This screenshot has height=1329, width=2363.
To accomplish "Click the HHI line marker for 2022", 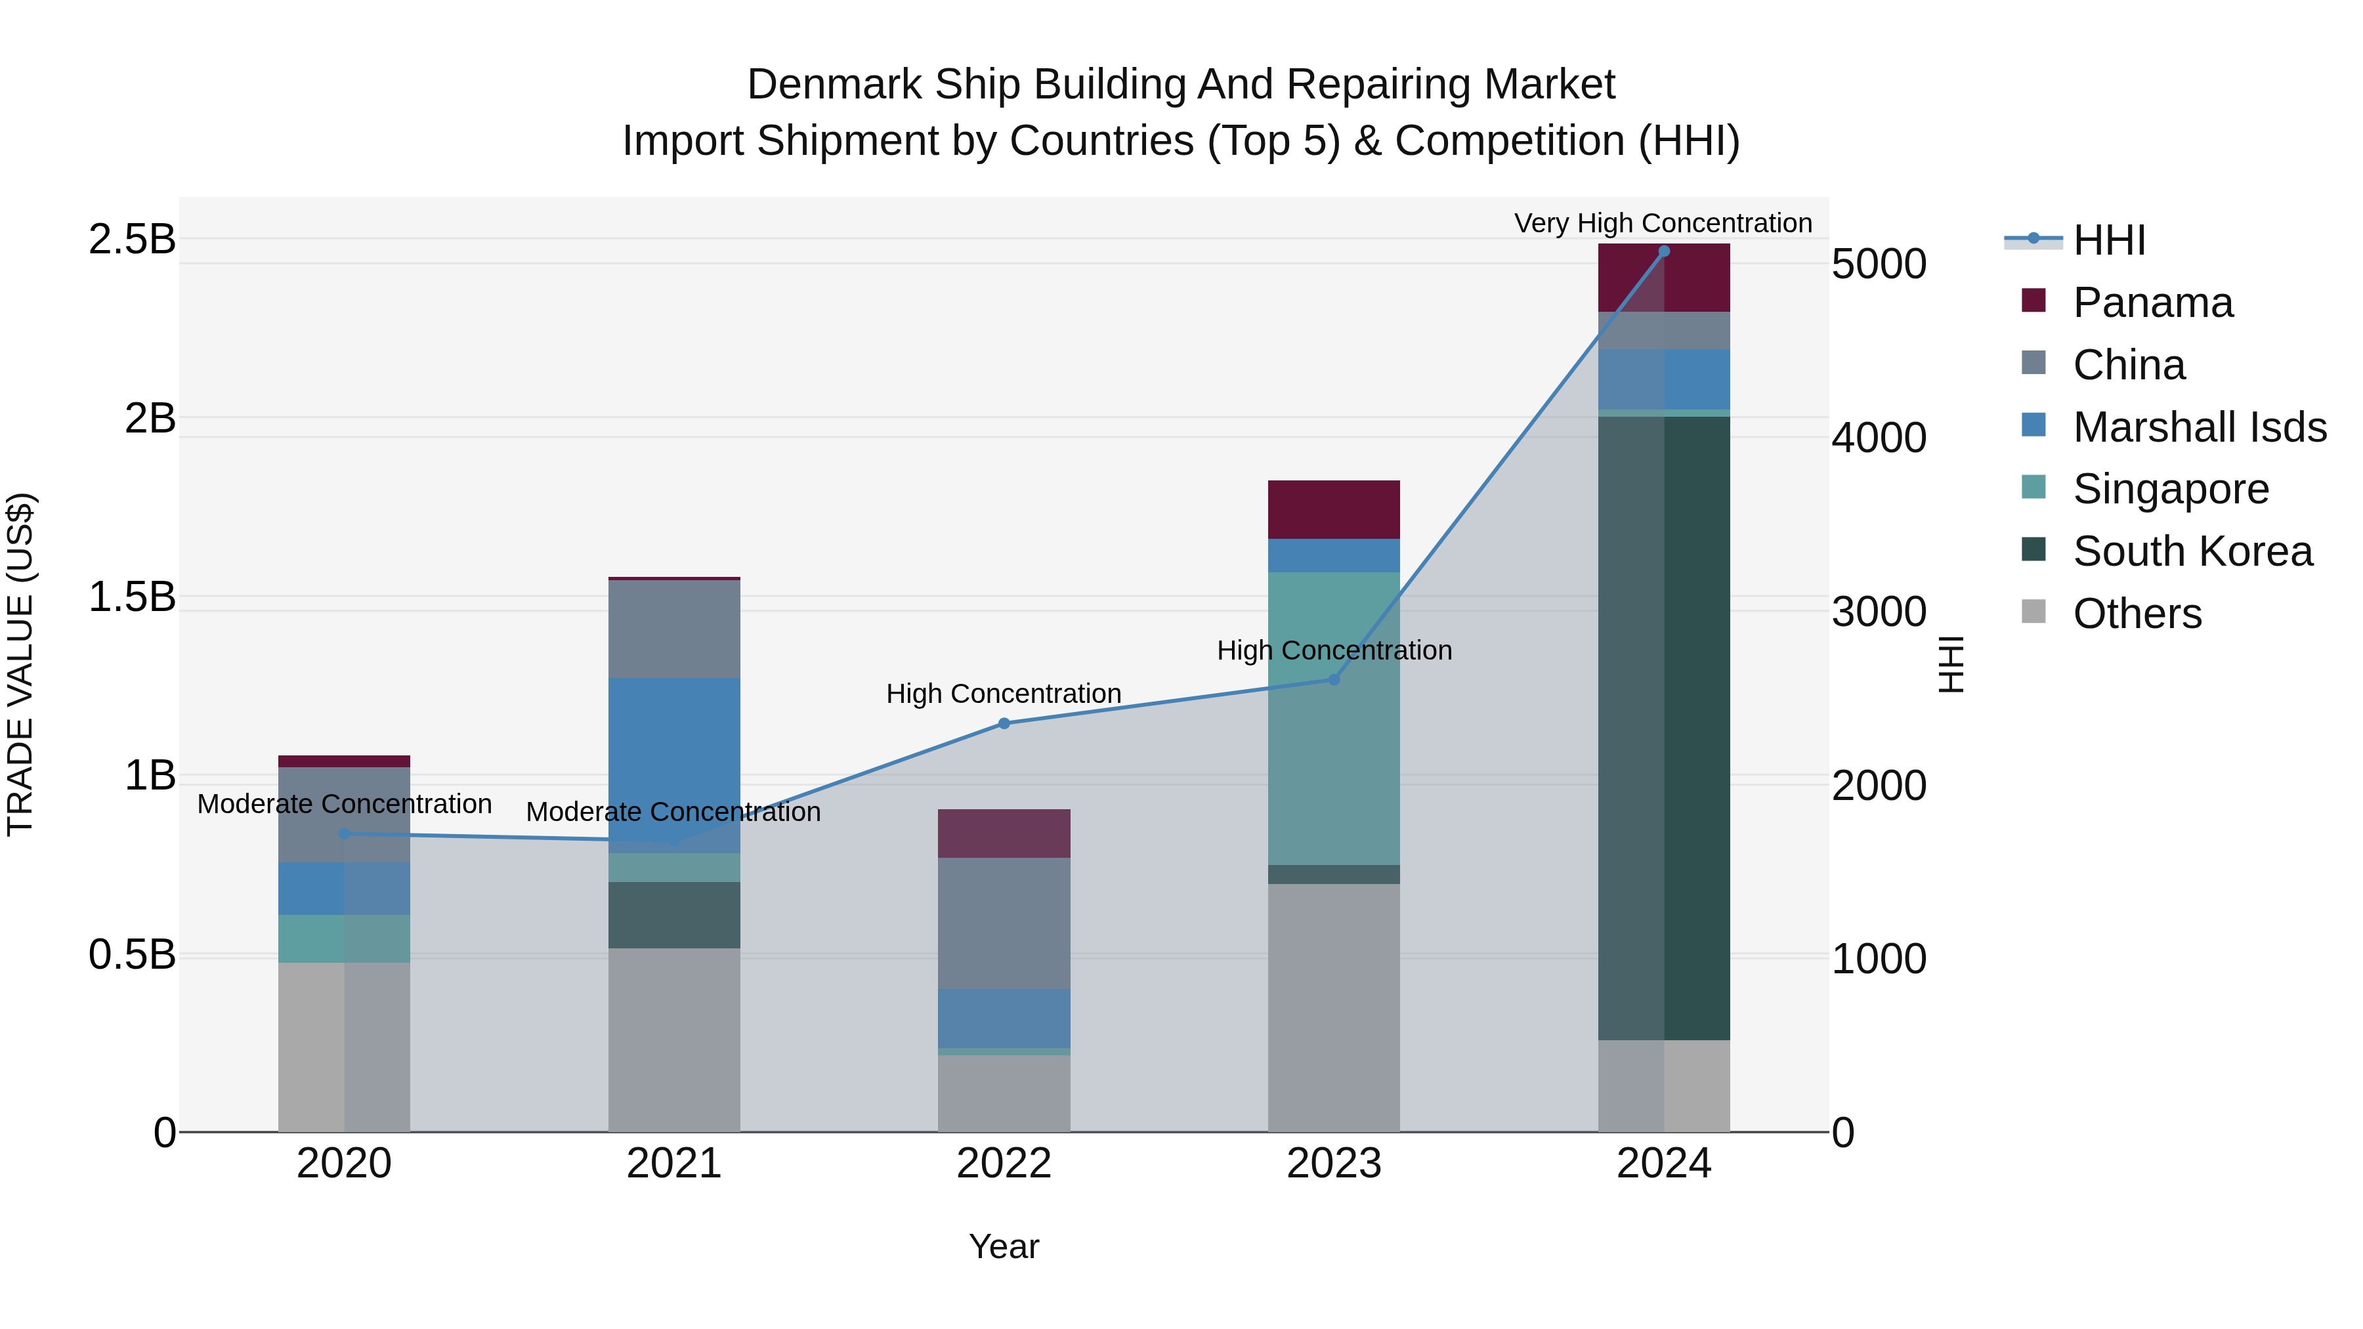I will [1004, 724].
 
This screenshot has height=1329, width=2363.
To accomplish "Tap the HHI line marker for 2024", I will [1664, 251].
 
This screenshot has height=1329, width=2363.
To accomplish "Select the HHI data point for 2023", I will [1334, 680].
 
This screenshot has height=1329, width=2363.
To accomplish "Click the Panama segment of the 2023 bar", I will [1334, 510].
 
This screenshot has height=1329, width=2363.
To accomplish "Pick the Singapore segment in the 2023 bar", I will [1334, 718].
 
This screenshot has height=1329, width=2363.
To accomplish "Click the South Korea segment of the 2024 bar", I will [1664, 728].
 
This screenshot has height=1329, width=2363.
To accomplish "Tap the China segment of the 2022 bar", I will [1004, 923].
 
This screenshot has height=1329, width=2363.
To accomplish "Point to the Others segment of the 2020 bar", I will [344, 1047].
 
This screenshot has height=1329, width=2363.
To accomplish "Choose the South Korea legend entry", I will [2192, 551].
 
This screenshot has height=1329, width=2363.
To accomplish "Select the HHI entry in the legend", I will [2108, 240].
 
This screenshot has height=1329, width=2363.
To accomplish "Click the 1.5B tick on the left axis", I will [131, 597].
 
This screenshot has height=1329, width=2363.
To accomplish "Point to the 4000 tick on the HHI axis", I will [1879, 438].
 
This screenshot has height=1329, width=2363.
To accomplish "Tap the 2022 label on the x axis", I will [1004, 1164].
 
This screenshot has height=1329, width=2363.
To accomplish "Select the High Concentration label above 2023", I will [1334, 650].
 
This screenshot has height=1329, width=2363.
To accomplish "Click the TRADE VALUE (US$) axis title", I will [21, 664].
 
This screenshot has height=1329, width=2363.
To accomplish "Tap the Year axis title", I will [1004, 1246].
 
